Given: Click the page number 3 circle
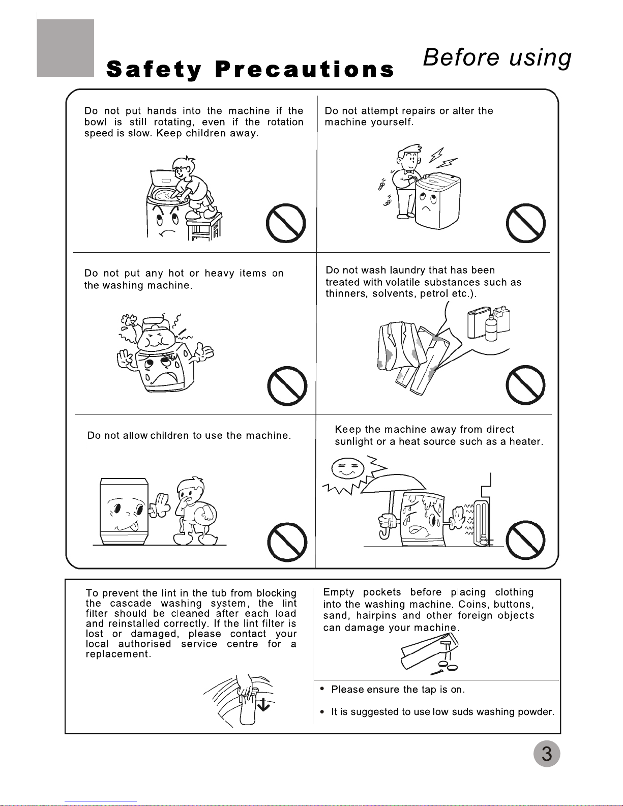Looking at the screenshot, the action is [547, 754].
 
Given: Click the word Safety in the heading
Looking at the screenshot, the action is [154, 70].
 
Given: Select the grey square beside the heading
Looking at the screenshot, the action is [65, 48].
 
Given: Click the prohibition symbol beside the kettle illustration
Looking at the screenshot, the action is [287, 386].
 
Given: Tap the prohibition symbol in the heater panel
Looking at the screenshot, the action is [525, 540].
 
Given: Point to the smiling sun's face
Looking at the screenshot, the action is [348, 468].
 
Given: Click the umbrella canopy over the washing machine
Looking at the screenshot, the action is [394, 484].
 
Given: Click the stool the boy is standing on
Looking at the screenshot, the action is [204, 227].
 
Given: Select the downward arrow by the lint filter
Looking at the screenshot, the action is [263, 704].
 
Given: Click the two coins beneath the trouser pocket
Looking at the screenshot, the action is [448, 667].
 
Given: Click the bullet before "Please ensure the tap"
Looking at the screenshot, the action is [322, 689].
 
